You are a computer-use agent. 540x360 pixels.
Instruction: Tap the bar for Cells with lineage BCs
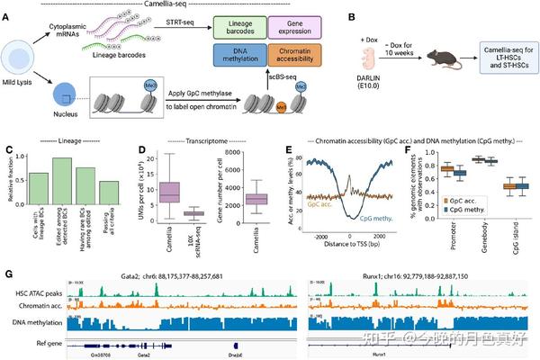tap(40, 197)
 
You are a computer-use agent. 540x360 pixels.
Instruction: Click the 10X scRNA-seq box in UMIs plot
tap(193, 213)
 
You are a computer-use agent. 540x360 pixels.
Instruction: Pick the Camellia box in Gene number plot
tap(256, 198)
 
